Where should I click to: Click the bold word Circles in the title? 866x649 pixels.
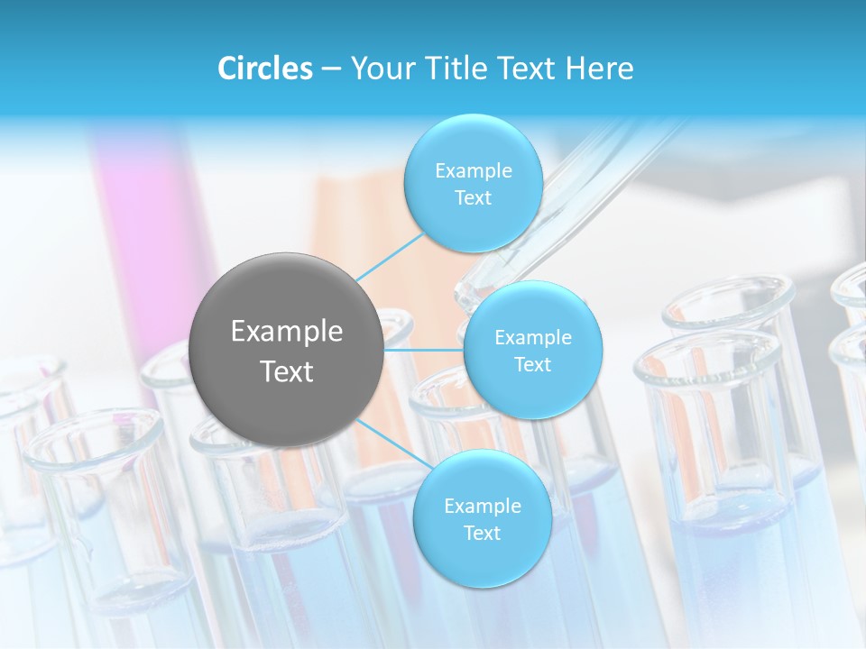tap(265, 69)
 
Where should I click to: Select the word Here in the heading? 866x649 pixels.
tap(599, 69)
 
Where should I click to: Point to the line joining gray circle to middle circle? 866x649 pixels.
tap(424, 350)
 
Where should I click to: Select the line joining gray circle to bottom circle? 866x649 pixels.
tap(390, 444)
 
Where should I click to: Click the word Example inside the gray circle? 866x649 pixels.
tap(287, 332)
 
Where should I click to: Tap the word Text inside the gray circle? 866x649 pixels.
tap(287, 371)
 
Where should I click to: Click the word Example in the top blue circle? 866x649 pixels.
tap(473, 171)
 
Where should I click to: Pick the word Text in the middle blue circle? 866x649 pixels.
tap(532, 365)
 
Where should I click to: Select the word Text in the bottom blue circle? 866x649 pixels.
tap(482, 534)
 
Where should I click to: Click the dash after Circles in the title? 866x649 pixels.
tap(330, 69)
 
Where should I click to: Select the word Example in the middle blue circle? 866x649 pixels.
tap(532, 338)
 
